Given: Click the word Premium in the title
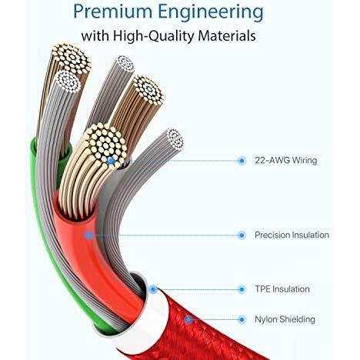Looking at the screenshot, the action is (x=113, y=12).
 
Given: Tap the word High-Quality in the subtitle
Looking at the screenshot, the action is (x=153, y=36).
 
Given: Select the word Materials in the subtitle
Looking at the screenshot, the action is (x=227, y=35).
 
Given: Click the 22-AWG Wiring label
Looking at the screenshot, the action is (x=286, y=161).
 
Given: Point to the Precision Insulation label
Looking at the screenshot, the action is (x=292, y=235).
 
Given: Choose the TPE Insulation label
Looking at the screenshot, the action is (x=282, y=289).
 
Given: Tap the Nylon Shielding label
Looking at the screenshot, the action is (x=285, y=319).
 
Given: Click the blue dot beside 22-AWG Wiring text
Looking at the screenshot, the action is (x=242, y=161).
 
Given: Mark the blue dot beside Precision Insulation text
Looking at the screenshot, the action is (x=242, y=235).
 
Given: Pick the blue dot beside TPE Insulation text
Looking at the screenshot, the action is (x=242, y=289).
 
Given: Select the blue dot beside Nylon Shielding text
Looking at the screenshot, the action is (x=242, y=320).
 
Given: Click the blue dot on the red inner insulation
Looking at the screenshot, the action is (x=89, y=235).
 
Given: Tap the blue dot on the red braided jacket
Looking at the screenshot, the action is (x=188, y=320).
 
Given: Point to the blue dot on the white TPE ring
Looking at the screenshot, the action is (x=153, y=289).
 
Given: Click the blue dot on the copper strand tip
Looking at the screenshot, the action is (x=111, y=161).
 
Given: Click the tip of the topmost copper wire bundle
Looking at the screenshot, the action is (x=72, y=58).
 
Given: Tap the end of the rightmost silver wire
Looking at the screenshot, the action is (x=175, y=138).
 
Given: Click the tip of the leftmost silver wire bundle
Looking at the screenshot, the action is (x=68, y=82).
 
